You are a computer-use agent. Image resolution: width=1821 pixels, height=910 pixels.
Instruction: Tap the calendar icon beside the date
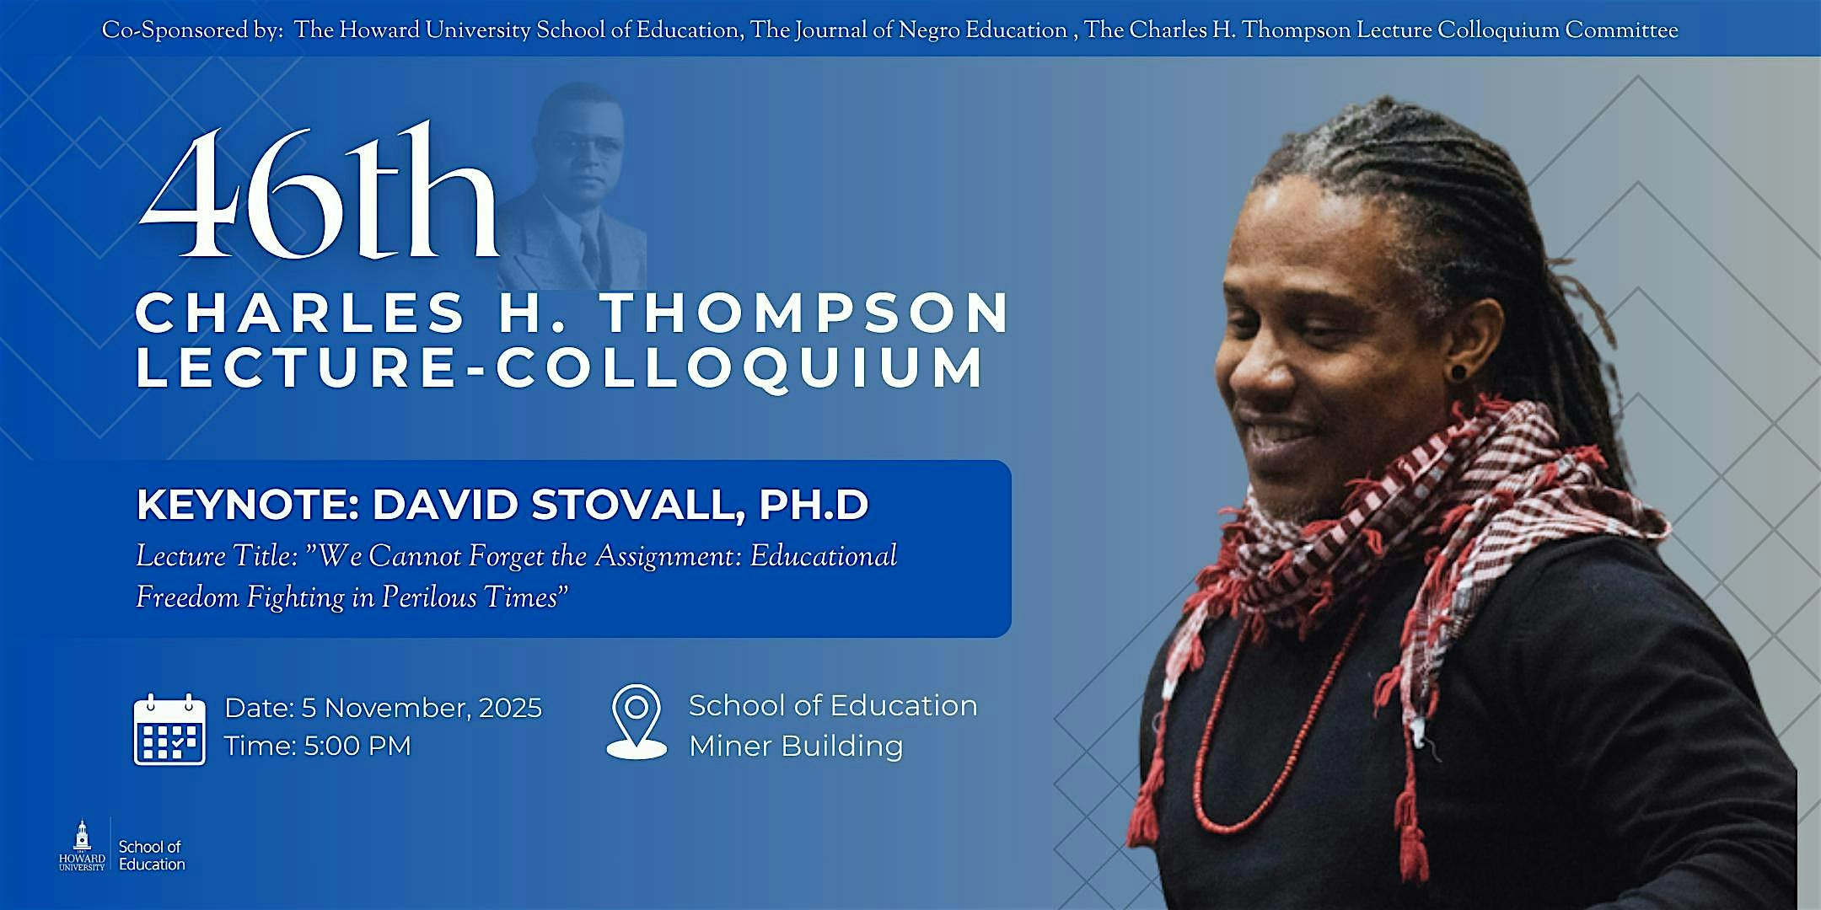(x=169, y=729)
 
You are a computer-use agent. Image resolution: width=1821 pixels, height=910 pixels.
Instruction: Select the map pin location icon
(x=637, y=721)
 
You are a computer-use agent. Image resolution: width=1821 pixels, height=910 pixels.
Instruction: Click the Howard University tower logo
(x=82, y=845)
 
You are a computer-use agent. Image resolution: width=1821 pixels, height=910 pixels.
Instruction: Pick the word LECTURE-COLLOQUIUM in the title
(x=560, y=368)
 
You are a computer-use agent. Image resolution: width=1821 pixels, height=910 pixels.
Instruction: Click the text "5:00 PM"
(x=357, y=746)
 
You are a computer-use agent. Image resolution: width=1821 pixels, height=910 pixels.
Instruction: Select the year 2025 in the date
(x=510, y=708)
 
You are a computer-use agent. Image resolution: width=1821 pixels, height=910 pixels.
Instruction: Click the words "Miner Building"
(x=796, y=746)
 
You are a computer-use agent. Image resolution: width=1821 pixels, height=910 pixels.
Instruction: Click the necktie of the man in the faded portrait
(x=589, y=252)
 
